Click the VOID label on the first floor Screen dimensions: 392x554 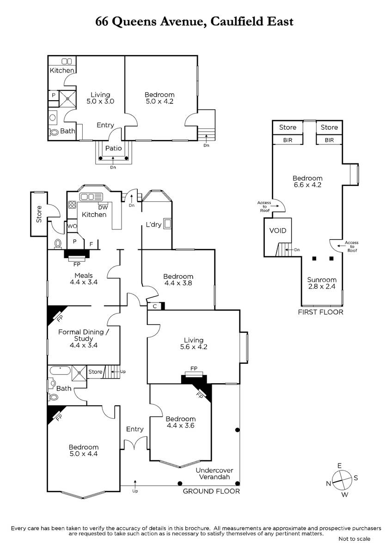[278, 230]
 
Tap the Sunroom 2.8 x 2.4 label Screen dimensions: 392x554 [322, 283]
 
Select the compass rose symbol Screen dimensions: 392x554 [342, 480]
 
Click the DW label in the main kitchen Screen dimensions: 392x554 [103, 208]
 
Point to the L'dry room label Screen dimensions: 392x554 [153, 224]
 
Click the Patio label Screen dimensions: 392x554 [113, 148]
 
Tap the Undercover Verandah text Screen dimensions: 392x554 [214, 474]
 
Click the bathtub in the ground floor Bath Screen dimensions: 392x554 [60, 371]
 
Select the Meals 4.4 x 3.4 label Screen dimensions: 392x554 [84, 278]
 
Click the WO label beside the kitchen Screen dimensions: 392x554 [72, 226]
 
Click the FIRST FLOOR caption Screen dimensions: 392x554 [320, 312]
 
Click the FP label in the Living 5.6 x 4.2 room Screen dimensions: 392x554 [194, 368]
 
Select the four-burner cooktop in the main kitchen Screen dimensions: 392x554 [72, 205]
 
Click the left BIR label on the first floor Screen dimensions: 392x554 [288, 140]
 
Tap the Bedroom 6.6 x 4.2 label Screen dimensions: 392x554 [307, 181]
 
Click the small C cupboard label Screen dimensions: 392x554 [155, 307]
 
